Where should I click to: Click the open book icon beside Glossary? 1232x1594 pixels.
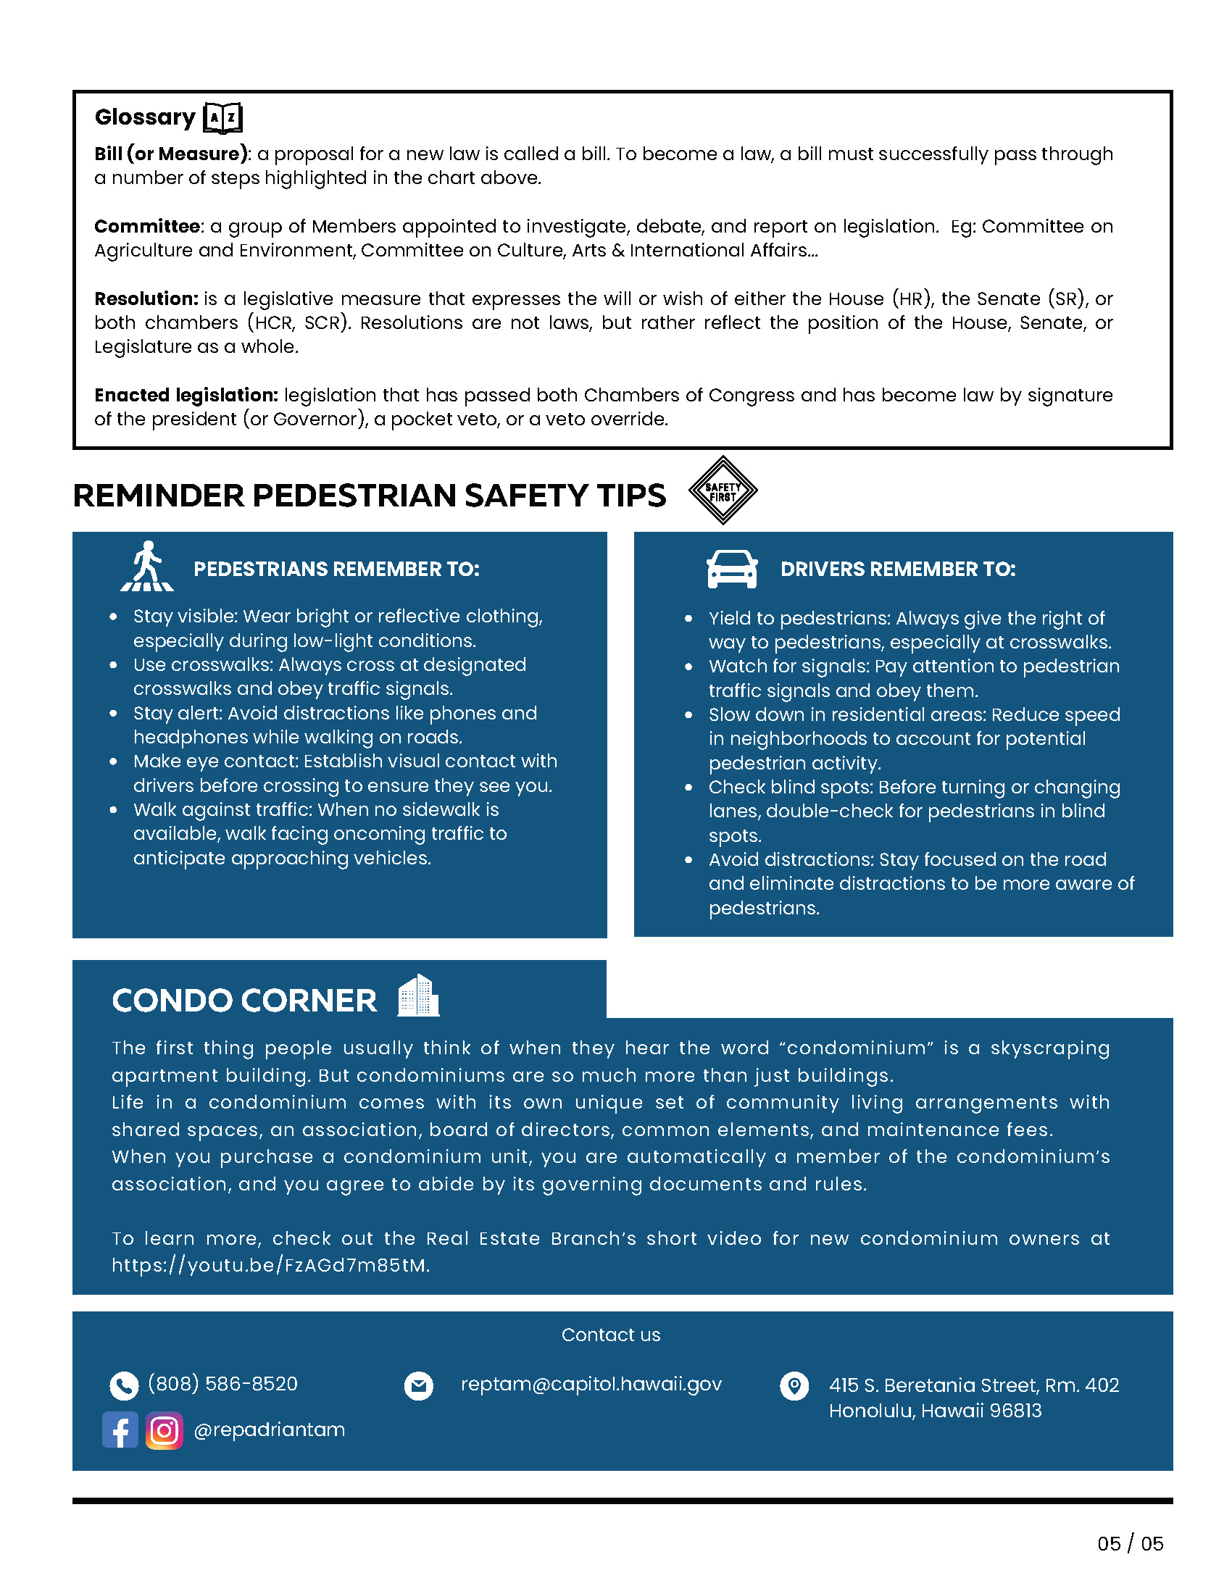point(222,117)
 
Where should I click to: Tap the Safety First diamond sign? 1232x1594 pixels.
point(723,491)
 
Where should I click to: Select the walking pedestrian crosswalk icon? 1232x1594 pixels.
point(147,567)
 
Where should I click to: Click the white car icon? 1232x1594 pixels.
point(732,569)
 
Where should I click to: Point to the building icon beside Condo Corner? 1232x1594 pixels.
point(418,996)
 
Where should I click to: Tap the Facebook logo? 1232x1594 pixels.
point(120,1430)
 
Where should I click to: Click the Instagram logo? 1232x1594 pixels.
point(165,1430)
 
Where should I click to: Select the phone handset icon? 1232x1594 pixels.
point(124,1385)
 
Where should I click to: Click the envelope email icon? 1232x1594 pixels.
point(419,1385)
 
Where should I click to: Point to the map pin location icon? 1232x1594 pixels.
point(794,1385)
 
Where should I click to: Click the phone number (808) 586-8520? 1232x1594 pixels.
point(222,1384)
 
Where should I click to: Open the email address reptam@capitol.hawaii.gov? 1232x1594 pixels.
point(591,1384)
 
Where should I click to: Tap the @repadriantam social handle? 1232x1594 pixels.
point(270,1430)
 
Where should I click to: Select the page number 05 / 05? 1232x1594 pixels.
point(1130,1543)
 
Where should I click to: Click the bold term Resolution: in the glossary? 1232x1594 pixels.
point(146,299)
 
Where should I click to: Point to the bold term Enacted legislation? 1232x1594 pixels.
point(186,395)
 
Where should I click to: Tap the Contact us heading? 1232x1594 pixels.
point(611,1335)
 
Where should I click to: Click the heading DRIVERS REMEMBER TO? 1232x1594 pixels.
point(898,569)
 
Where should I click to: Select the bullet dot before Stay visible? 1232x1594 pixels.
point(113,617)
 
